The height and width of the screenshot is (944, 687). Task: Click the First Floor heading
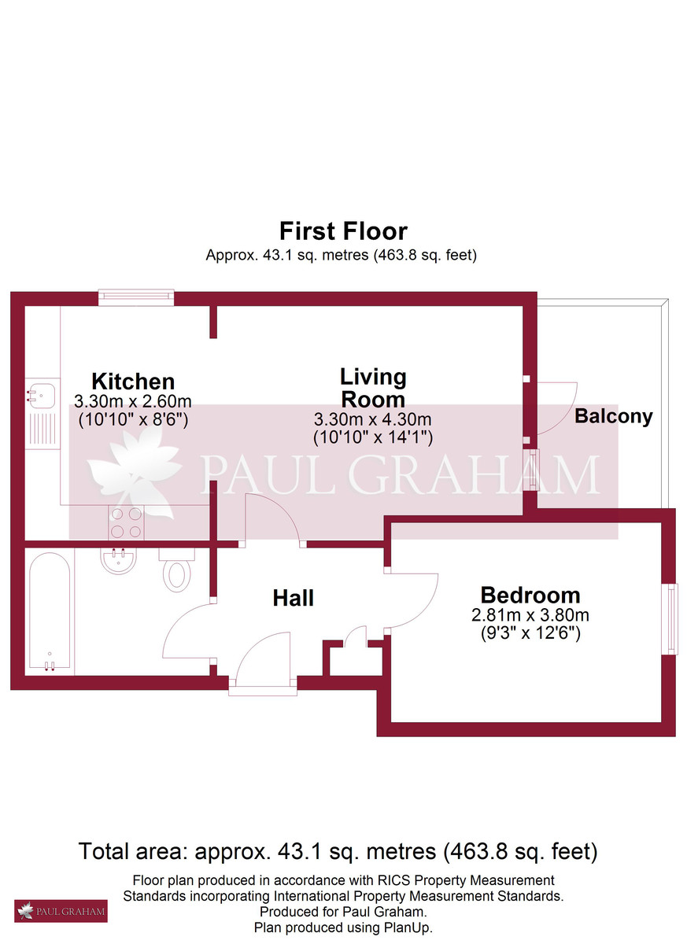(343, 231)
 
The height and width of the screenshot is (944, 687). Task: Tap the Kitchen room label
(133, 382)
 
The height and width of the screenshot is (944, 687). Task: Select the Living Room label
(373, 388)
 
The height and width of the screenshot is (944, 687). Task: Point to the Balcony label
(614, 416)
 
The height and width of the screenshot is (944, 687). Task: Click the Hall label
(294, 598)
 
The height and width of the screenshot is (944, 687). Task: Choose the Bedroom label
(530, 595)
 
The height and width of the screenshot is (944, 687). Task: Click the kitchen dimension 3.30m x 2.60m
(133, 401)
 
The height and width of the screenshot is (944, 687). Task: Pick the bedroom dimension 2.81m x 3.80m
(530, 615)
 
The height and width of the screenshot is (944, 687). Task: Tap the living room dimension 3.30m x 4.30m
(373, 419)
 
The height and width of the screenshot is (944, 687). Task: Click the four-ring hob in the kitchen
(127, 522)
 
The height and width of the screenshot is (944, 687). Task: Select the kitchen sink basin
(40, 396)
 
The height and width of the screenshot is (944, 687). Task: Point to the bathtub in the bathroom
(50, 612)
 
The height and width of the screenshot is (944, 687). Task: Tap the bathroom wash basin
(118, 560)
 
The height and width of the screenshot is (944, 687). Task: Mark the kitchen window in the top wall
(136, 297)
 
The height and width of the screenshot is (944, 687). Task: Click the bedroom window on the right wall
(670, 618)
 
